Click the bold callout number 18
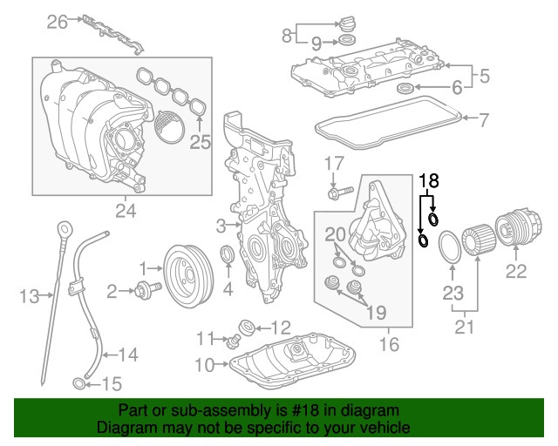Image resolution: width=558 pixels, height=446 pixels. point(427,180)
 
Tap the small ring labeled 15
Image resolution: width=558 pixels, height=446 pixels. point(78,383)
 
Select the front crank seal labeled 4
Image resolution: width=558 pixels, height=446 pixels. point(226,257)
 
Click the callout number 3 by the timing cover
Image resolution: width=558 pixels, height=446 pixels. point(221,226)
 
